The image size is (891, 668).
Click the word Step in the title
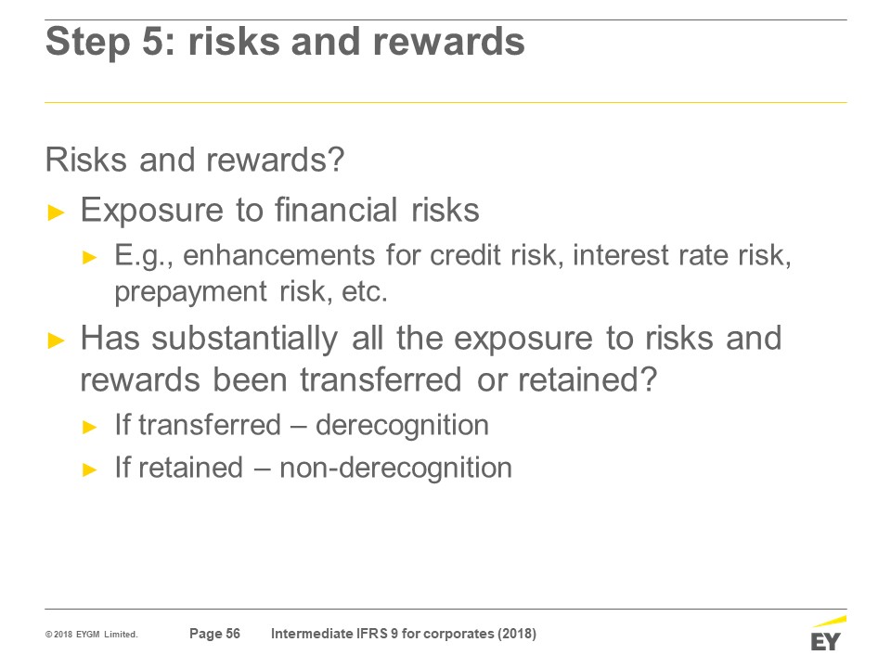(87, 43)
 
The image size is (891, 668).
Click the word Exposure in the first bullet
(151, 211)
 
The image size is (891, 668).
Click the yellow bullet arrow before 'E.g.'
(90, 257)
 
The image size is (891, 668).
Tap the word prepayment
(190, 292)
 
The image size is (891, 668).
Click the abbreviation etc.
(364, 292)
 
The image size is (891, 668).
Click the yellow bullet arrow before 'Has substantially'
(57, 340)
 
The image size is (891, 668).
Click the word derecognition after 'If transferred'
(402, 425)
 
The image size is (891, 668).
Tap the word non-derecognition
(396, 468)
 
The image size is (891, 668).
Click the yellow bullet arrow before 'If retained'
(90, 470)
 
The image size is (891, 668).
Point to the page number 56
(233, 634)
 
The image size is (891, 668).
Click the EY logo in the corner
(827, 634)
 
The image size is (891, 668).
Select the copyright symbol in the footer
(49, 635)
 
